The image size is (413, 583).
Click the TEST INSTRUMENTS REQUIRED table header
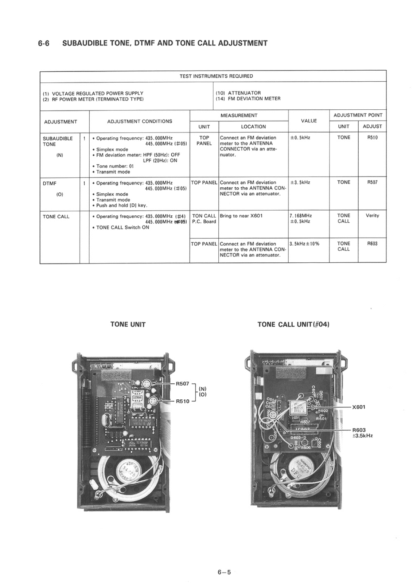click(216, 76)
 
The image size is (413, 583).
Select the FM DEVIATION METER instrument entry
click(254, 98)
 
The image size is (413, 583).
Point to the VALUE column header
click(309, 121)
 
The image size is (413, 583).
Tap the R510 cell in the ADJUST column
click(372, 138)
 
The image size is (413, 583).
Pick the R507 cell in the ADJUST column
click(372, 183)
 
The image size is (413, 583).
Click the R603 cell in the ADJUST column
click(372, 244)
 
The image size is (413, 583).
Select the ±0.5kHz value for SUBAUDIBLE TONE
click(300, 138)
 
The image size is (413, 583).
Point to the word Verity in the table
click(372, 216)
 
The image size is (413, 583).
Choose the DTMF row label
click(50, 183)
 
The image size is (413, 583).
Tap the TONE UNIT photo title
click(128, 325)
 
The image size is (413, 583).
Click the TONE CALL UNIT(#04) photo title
click(293, 325)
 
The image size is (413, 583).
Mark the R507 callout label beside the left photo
click(182, 384)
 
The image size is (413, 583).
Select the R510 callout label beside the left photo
click(182, 402)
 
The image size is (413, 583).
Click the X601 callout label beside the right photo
click(359, 407)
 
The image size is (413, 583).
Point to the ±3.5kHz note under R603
click(362, 436)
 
